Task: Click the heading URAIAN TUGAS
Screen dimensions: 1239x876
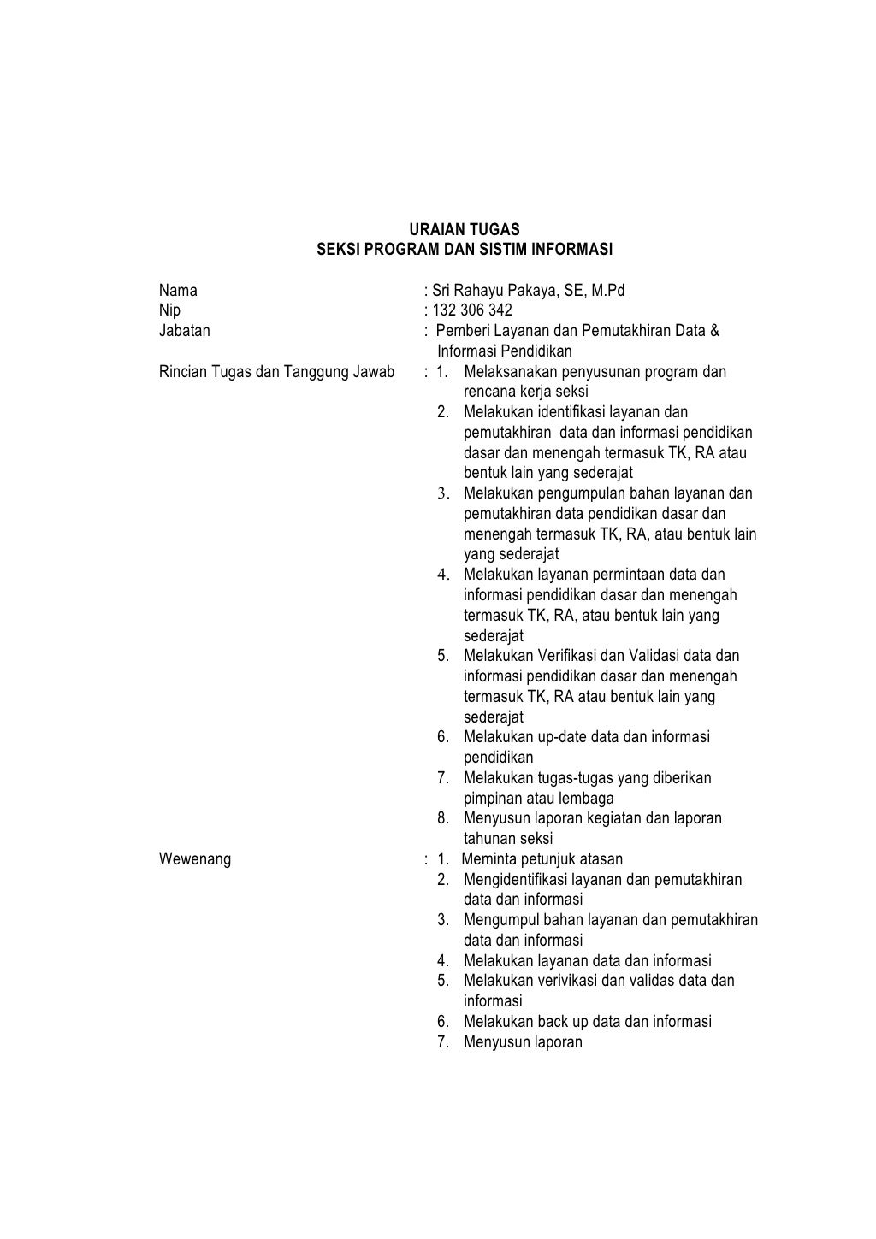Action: click(x=464, y=230)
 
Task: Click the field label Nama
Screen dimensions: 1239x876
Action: click(x=178, y=291)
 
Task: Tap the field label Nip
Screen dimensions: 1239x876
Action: click(x=170, y=310)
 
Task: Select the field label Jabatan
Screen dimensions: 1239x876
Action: click(x=184, y=331)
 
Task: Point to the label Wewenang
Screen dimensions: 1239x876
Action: click(x=195, y=859)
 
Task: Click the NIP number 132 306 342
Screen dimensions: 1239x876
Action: click(x=472, y=310)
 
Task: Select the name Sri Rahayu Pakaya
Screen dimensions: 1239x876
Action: click(x=494, y=291)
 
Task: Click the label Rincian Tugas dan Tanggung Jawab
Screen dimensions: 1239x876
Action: click(x=276, y=372)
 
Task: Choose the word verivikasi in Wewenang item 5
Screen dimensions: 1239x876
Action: click(x=567, y=981)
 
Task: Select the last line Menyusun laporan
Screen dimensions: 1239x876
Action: click(x=523, y=1042)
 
